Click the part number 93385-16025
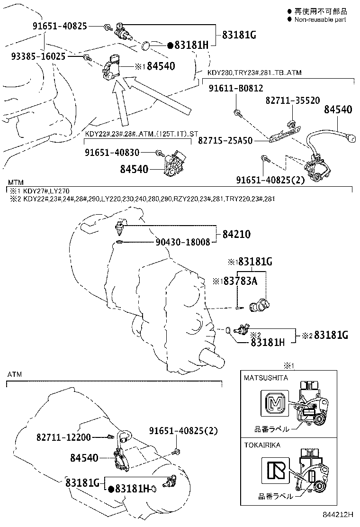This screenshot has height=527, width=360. click(x=38, y=56)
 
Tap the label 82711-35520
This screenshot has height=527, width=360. click(x=292, y=100)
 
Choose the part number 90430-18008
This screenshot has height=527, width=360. click(x=182, y=242)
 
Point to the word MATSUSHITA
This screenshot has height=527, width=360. click(x=266, y=378)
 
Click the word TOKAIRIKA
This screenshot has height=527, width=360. click(x=262, y=445)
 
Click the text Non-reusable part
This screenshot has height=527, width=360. click(x=320, y=19)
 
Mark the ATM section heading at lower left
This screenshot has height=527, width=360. click(x=14, y=374)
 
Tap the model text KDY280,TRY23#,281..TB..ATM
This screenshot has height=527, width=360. click(x=254, y=73)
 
